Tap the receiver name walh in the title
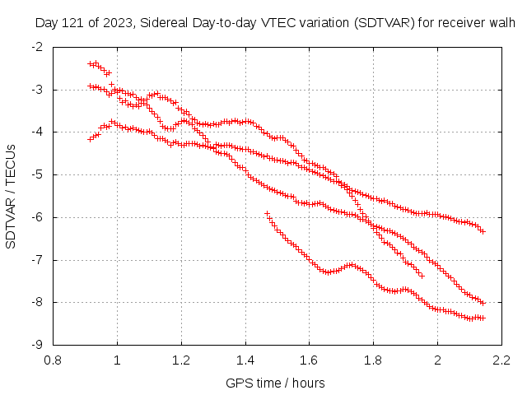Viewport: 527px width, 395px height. pyautogui.click(x=502, y=24)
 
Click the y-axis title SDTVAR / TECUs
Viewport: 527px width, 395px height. pyautogui.click(x=12, y=195)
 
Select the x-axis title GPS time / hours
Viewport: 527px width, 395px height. pyautogui.click(x=275, y=383)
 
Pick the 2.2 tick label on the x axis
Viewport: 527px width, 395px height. pyautogui.click(x=501, y=359)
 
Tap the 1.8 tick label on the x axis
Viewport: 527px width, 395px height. pyautogui.click(x=373, y=359)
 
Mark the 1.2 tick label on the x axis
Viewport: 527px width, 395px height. pyautogui.click(x=181, y=359)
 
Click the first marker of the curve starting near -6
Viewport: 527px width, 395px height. pyautogui.click(x=267, y=213)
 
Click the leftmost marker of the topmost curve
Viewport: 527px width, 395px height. pyautogui.click(x=91, y=63)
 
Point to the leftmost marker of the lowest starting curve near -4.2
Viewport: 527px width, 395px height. pyautogui.click(x=91, y=139)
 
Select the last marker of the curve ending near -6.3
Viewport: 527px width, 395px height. pyautogui.click(x=483, y=232)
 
